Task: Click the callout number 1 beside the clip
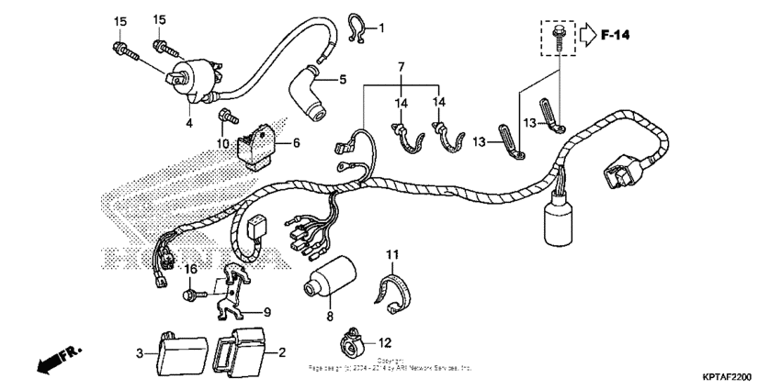tap(382, 28)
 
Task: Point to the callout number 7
tap(401, 69)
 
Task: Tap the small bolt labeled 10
tap(223, 116)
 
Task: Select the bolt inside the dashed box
tap(558, 35)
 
